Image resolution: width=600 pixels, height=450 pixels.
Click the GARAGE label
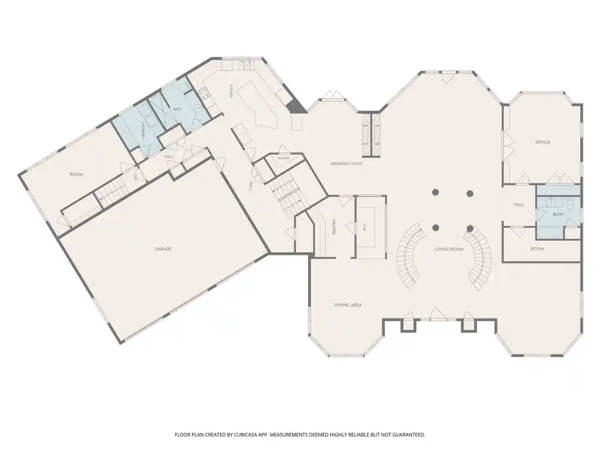tap(163, 249)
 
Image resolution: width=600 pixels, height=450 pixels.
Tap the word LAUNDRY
tap(142, 130)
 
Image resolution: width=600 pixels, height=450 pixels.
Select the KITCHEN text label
tap(231, 91)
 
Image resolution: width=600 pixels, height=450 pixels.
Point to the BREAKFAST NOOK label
tap(346, 164)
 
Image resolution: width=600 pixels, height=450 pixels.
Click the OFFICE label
tap(542, 142)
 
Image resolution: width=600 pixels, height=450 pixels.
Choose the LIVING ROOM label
tap(449, 249)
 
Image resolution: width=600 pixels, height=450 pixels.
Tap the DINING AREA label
tap(348, 305)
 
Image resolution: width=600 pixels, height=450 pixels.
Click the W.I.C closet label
tap(364, 227)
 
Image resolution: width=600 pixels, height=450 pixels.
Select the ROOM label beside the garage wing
tap(76, 174)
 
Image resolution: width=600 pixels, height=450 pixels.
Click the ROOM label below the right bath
tap(537, 249)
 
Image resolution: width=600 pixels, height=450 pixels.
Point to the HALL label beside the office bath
tap(518, 204)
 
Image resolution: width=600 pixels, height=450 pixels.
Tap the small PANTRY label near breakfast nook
tap(284, 158)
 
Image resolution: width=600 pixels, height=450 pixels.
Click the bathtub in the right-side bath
tap(550, 233)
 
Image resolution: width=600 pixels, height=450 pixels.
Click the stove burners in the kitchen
tap(203, 93)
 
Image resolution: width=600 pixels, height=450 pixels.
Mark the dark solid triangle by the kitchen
tap(296, 105)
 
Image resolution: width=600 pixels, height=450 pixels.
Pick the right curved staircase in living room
tap(479, 258)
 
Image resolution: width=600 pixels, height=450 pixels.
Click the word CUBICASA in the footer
tap(246, 435)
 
